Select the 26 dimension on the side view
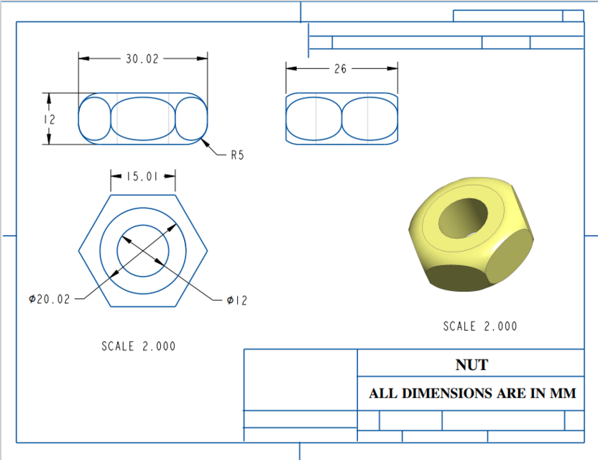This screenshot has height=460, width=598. [341, 69]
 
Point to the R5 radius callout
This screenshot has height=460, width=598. [237, 155]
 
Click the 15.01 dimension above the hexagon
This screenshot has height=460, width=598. [142, 176]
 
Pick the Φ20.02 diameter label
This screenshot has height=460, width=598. [50, 299]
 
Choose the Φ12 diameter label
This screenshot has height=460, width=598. [236, 300]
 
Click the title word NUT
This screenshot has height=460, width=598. [471, 365]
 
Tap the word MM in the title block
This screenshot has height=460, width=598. [563, 394]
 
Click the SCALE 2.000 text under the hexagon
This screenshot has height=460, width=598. [138, 346]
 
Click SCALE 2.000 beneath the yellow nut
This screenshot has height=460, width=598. [479, 326]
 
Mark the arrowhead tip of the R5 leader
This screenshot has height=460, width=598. [203, 141]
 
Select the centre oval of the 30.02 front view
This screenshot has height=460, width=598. [143, 119]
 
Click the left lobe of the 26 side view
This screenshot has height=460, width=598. [313, 119]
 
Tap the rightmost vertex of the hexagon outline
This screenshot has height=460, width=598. [208, 251]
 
